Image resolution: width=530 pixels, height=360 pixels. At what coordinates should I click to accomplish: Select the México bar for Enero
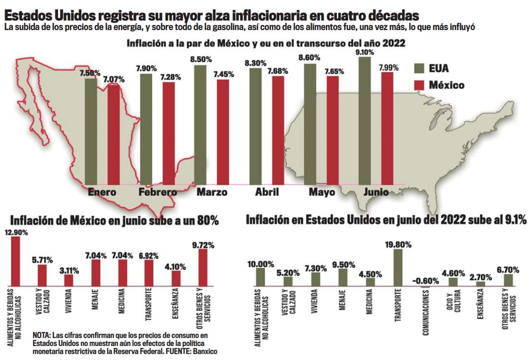[x=113, y=135]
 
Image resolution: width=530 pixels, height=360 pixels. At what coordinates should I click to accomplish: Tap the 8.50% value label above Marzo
[x=201, y=60]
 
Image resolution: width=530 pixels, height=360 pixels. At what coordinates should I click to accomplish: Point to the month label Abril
[x=267, y=192]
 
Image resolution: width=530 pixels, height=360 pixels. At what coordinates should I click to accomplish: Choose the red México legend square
[x=421, y=84]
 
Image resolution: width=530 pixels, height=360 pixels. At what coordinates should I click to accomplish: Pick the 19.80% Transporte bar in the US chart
[x=397, y=267]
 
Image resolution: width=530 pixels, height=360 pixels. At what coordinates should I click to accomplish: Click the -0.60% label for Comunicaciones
[x=425, y=280]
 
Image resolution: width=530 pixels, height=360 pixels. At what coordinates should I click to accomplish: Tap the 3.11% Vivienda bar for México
[x=69, y=280]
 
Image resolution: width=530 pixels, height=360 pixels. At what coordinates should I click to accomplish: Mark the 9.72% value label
[x=203, y=243]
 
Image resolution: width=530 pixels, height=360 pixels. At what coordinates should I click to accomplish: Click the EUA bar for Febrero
[x=146, y=129]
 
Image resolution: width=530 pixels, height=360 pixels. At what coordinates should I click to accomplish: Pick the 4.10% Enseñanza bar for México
[x=176, y=278]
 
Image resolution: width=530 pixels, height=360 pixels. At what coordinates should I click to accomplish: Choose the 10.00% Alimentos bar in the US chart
[x=260, y=277]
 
